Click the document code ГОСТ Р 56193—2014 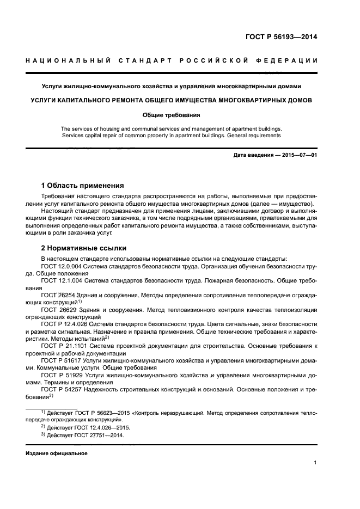click(280, 38)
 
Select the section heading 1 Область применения click(82, 185)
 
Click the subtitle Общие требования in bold click(171, 115)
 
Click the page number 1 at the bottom click(315, 462)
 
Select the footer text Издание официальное click(57, 453)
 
